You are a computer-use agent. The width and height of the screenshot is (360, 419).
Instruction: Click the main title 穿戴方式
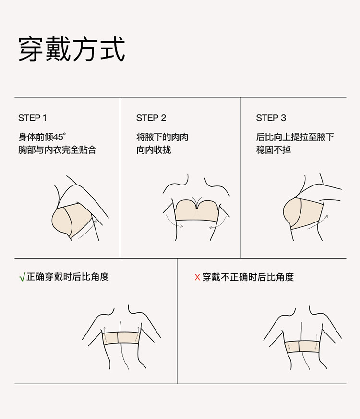(72, 49)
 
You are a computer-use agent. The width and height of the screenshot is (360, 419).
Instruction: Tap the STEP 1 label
(32, 118)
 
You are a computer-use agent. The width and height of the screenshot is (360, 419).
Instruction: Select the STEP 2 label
(151, 118)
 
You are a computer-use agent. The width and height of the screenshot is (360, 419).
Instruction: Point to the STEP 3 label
(271, 118)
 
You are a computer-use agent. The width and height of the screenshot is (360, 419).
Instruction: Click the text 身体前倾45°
(42, 137)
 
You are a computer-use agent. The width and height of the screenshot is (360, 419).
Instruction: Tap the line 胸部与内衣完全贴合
(57, 149)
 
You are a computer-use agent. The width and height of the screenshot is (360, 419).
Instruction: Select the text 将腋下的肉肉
(162, 137)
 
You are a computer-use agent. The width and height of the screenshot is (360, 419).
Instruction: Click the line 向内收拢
(154, 149)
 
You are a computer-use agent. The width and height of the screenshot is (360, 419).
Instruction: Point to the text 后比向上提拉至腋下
(295, 137)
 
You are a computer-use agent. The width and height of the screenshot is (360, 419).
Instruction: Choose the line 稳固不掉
(273, 149)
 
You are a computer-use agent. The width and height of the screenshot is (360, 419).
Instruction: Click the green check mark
(22, 277)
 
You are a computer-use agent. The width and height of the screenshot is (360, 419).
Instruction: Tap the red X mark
(197, 277)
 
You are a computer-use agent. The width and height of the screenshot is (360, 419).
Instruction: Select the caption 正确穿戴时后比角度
(68, 277)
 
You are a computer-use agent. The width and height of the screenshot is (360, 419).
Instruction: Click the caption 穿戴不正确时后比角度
(248, 277)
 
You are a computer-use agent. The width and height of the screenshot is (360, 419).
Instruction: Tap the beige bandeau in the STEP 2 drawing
(197, 210)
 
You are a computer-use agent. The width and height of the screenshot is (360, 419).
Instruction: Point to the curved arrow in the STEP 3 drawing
(318, 222)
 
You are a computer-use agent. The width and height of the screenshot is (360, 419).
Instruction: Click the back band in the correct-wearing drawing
(121, 338)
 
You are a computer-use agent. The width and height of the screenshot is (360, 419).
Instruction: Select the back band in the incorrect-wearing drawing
(302, 346)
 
